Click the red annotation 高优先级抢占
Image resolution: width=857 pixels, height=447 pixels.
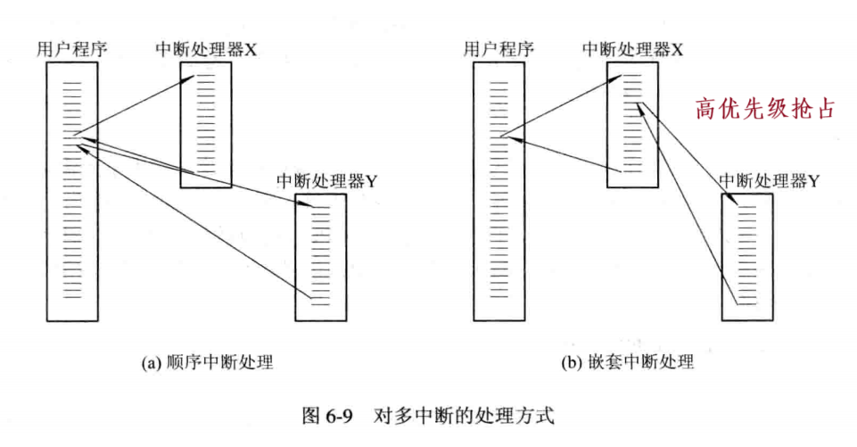click(766, 109)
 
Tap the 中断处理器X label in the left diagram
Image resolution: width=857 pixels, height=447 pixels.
click(206, 50)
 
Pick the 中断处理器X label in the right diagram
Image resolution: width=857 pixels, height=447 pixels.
click(632, 50)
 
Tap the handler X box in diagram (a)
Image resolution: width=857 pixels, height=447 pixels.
click(206, 125)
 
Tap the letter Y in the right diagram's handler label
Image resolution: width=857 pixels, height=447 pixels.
click(813, 182)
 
